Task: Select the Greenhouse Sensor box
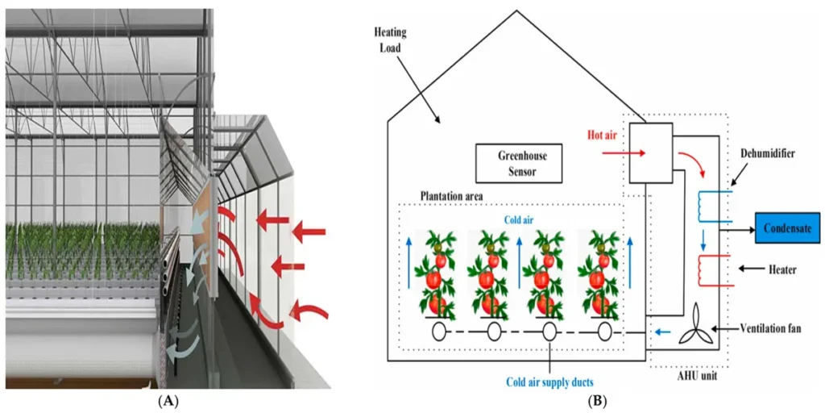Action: pos(516,164)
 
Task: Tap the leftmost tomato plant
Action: pos(437,274)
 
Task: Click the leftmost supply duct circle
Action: pos(439,332)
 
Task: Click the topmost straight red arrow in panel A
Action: pos(309,233)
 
